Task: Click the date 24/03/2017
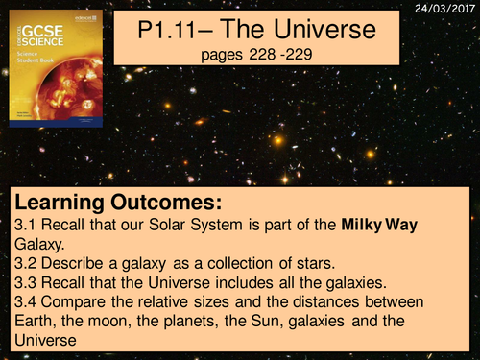tap(447, 7)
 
